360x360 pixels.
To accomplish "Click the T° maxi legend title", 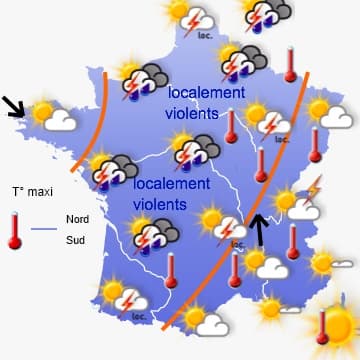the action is pyautogui.click(x=31, y=191).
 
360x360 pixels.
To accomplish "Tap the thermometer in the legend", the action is pyautogui.click(x=15, y=229).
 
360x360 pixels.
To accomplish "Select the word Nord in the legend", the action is pyautogui.click(x=76, y=219).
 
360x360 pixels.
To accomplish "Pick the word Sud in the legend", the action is pyautogui.click(x=74, y=240).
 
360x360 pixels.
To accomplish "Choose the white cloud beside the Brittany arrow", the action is pyautogui.click(x=60, y=121).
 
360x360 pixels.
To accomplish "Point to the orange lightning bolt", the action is pyautogui.click(x=314, y=186).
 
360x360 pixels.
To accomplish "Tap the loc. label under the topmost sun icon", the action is pyautogui.click(x=206, y=34).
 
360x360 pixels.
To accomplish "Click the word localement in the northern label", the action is pyautogui.click(x=206, y=93).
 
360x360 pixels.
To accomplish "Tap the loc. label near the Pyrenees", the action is pyautogui.click(x=138, y=317).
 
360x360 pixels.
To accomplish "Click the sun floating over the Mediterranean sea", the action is pyautogui.click(x=271, y=308).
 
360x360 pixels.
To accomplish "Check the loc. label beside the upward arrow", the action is pyautogui.click(x=238, y=243).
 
